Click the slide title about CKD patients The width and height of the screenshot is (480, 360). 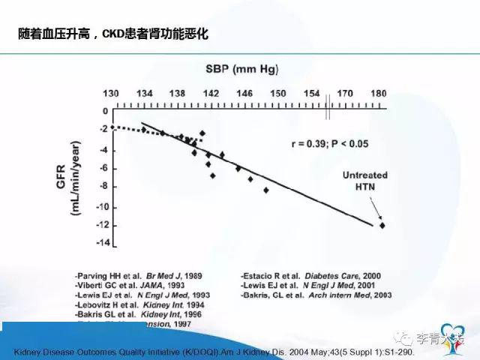pos(112,34)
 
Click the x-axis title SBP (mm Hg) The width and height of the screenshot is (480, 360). pos(242,70)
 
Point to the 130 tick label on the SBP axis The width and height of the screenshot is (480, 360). pos(111,93)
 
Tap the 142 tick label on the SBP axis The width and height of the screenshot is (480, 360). pos(211,93)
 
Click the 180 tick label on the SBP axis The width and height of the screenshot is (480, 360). pos(379,93)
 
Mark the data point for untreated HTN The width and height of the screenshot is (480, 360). pos(382,225)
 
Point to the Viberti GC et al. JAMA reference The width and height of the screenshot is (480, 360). pos(132,285)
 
